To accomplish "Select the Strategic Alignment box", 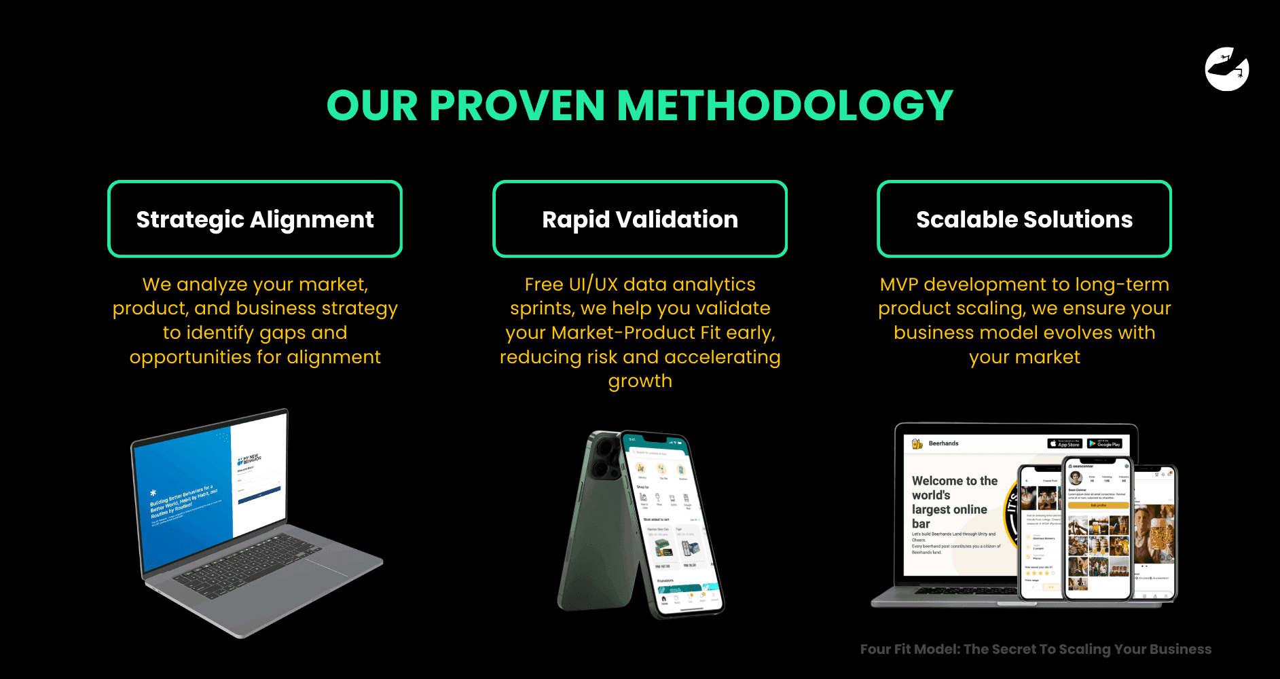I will click(255, 219).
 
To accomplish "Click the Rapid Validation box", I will click(640, 219).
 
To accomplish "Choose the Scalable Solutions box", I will click(1024, 219).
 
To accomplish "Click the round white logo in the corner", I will click(1227, 69).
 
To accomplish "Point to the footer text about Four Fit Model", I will click(1036, 649).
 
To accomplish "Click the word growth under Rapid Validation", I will click(640, 381).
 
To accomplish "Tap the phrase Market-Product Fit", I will click(636, 333).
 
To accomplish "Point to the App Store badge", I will click(1064, 443).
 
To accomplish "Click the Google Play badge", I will click(1104, 443).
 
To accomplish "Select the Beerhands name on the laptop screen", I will click(943, 443).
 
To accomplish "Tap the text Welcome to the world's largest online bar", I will click(953, 502).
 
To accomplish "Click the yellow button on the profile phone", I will click(1098, 505).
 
